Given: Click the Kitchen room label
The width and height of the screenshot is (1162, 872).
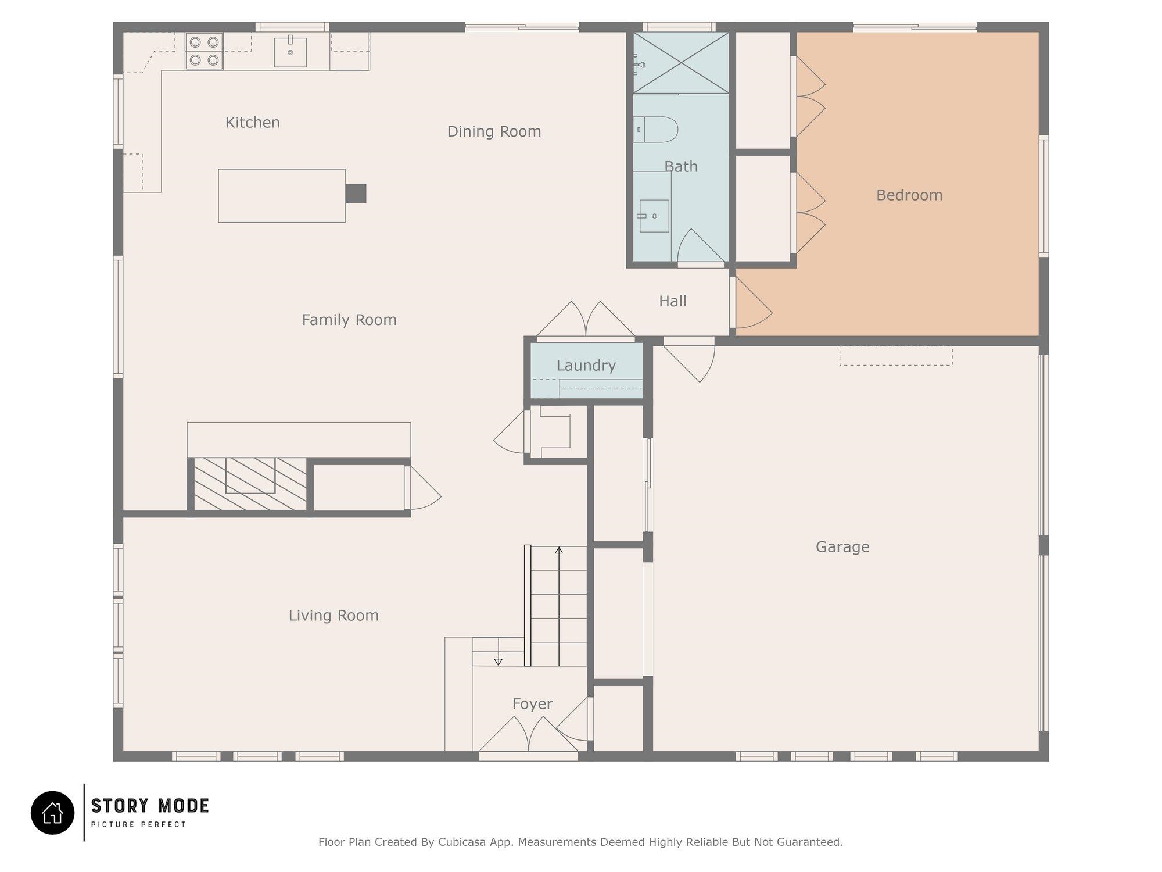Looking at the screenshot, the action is click(x=253, y=123).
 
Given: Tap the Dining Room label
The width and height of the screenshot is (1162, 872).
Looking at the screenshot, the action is click(x=494, y=132).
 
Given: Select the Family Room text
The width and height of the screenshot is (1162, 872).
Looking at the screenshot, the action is click(x=349, y=320).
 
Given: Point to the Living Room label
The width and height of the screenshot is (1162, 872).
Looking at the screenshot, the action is click(x=333, y=616).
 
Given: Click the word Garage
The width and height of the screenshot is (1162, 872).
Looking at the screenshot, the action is click(x=842, y=547).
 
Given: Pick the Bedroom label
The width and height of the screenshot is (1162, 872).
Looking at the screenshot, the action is click(x=909, y=195).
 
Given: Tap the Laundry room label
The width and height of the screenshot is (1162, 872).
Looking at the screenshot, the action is click(x=586, y=366).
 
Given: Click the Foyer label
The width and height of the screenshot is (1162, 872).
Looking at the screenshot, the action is click(x=532, y=704).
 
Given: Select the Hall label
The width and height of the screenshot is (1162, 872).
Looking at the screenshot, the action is click(x=673, y=301).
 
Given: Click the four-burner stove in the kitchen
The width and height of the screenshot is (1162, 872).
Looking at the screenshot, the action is click(x=204, y=51).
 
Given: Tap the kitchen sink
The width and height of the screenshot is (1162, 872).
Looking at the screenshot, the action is click(x=290, y=51).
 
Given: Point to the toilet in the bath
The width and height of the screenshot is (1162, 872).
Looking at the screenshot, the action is click(x=655, y=130).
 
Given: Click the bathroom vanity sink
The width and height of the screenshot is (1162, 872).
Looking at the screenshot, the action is click(x=654, y=216).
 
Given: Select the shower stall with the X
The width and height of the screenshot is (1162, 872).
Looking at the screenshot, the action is click(x=681, y=62).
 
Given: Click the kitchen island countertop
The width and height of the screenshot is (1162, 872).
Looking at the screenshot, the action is click(x=282, y=196).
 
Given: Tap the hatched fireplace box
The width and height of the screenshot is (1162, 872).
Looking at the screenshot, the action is click(x=250, y=484).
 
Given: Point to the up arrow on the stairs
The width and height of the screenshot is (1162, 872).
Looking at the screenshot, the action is click(x=559, y=606).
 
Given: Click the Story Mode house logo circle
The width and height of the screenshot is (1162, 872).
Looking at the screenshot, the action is click(x=53, y=813).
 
